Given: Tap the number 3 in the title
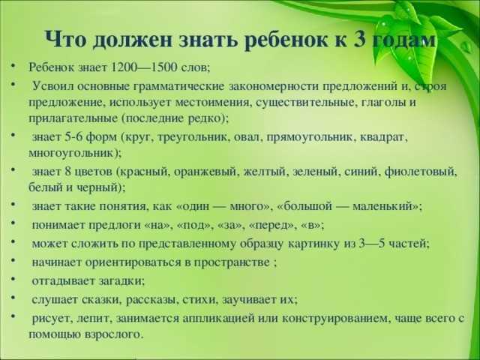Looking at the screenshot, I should [x=356, y=39].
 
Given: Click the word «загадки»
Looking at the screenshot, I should [x=118, y=280].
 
